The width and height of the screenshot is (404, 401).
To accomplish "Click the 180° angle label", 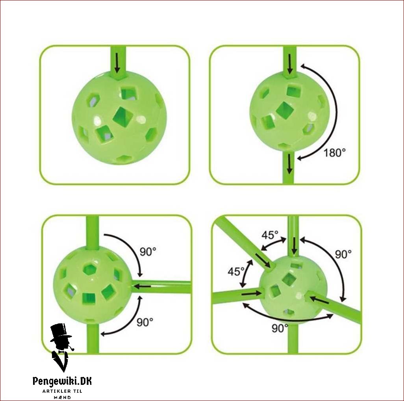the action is (334, 152).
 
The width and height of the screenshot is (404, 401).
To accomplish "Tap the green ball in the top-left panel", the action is (119, 118).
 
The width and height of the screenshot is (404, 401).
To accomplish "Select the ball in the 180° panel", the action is (289, 111).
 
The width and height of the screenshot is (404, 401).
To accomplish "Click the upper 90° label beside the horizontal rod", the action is (148, 252).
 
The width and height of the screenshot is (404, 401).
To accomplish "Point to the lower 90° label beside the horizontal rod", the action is (145, 322).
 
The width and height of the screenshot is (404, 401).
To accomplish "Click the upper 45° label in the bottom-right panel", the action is (270, 235).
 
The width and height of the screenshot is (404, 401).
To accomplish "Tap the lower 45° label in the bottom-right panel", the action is (236, 271).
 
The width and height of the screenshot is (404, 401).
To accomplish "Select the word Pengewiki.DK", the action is (62, 381).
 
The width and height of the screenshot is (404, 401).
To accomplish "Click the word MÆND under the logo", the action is (62, 397).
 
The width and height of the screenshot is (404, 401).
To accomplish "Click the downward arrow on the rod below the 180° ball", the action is (289, 163).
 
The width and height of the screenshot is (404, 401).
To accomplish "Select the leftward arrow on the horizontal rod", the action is (143, 286).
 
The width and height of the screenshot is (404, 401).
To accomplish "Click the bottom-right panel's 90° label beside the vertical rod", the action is (343, 254).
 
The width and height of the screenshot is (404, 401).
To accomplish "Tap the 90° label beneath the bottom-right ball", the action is (280, 329).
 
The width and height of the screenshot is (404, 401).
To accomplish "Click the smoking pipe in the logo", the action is (72, 349).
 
